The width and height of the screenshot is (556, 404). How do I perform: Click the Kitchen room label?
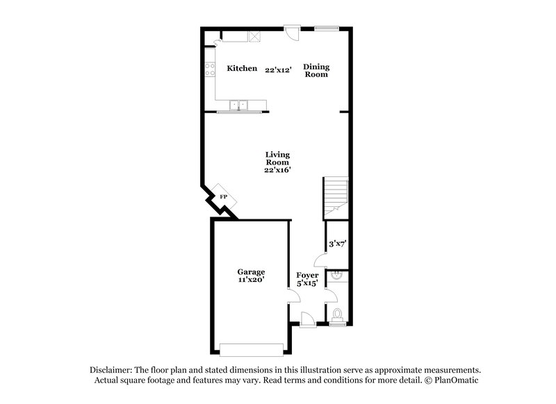tap(242, 69)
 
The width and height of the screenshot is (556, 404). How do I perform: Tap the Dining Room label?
tap(316, 71)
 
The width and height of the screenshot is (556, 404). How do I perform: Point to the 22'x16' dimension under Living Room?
tap(277, 169)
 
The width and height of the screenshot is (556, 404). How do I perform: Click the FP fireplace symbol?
tap(224, 197)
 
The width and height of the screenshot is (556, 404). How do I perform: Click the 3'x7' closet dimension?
tap(337, 243)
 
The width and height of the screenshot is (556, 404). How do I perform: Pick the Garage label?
tap(250, 271)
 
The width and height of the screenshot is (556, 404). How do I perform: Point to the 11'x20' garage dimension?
tap(250, 280)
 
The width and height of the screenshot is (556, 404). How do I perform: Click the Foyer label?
tap(307, 275)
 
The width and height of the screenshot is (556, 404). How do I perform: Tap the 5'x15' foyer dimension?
tap(307, 283)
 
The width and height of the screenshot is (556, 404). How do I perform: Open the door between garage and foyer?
tap(293, 296)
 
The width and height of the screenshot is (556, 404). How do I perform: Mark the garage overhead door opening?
tap(251, 348)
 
